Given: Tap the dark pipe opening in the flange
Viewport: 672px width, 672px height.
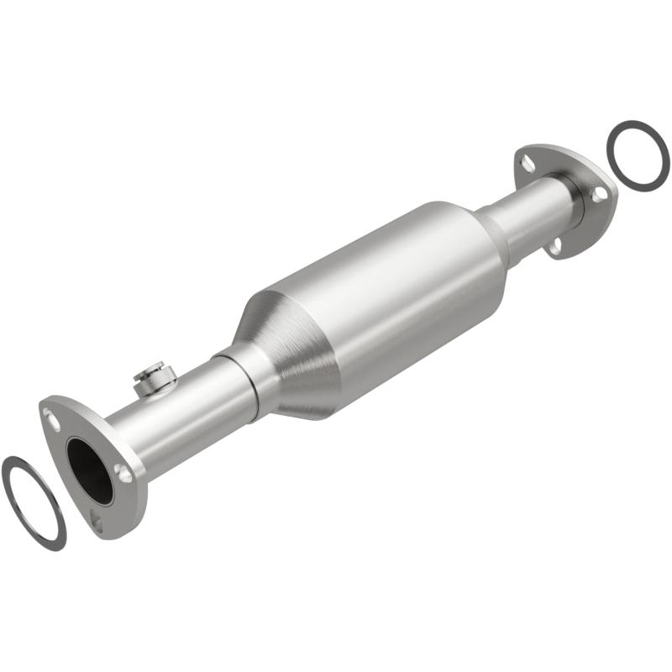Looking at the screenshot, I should pyautogui.click(x=89, y=470).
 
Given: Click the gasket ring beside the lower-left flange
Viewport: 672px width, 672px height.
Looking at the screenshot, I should pyautogui.click(x=34, y=501).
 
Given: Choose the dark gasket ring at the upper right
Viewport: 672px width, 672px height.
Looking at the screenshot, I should pyautogui.click(x=638, y=153).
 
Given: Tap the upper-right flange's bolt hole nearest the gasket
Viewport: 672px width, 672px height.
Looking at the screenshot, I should pyautogui.click(x=600, y=194).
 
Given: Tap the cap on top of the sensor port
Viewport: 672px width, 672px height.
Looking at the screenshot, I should pyautogui.click(x=153, y=367).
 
